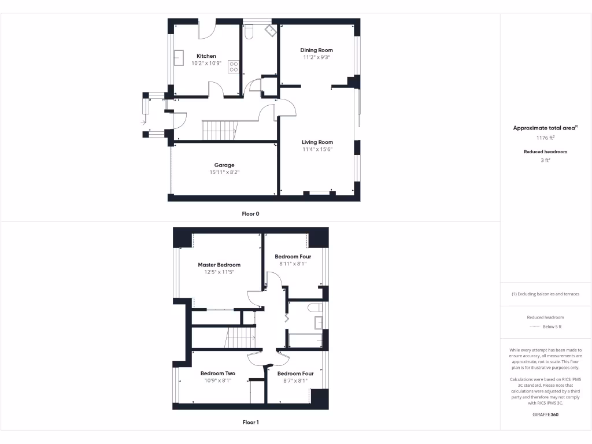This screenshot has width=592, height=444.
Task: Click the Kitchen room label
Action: pos(206,56)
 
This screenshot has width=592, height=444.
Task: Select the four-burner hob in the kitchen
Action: pos(234,66)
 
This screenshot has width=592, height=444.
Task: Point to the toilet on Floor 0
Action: pos(249,34)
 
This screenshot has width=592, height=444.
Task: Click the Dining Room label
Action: pos(316,50)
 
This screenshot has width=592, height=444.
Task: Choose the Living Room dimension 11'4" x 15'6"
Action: pos(317,149)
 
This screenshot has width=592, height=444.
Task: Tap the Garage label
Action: pos(224,165)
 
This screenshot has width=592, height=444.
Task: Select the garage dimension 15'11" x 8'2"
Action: pos(224,172)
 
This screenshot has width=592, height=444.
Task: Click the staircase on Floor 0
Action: pos(219,130)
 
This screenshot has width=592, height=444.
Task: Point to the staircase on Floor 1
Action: pos(240,337)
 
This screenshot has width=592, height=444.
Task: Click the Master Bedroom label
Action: pos(219,265)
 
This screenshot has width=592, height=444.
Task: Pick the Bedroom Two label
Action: pos(218,373)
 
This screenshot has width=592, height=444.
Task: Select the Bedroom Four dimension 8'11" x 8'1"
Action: pos(293,264)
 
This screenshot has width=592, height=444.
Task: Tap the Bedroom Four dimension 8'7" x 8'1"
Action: pos(295,381)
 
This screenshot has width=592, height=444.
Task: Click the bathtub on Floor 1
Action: pos(305,341)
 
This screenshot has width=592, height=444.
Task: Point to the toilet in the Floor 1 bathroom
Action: pos(315,307)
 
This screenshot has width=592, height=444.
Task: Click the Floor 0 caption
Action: pos(250,214)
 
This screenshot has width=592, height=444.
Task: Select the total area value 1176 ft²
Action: pos(546,138)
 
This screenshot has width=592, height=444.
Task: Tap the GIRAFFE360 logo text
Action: pos(545,415)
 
